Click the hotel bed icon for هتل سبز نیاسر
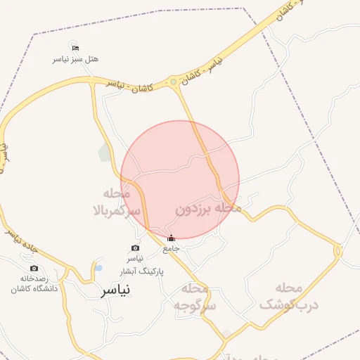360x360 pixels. point(75,47)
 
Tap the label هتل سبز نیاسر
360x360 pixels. point(75,59)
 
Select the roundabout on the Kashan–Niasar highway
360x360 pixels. point(173,84)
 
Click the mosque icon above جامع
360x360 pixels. point(171,238)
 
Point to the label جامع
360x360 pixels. point(172,249)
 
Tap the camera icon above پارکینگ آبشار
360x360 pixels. point(135,248)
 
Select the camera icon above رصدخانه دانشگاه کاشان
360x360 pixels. point(34,268)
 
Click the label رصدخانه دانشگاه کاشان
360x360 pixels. point(34,283)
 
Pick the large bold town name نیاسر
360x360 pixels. point(116,290)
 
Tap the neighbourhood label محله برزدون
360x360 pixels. point(208,208)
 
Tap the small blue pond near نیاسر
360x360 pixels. point(98,269)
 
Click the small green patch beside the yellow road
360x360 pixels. point(105,152)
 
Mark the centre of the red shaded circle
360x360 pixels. point(180,179)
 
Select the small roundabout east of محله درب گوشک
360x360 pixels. point(338,250)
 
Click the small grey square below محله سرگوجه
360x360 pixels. point(226,333)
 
